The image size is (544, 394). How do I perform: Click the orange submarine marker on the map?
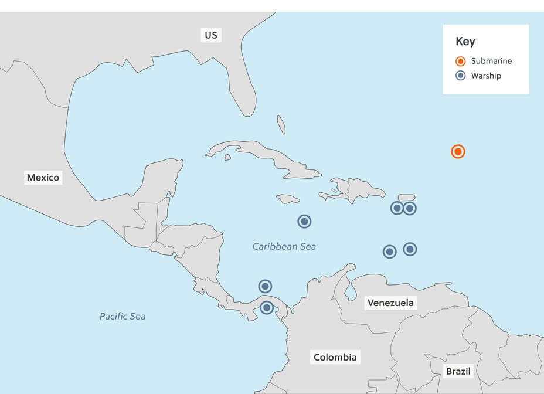point(458,151)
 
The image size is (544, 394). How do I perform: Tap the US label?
point(210,35)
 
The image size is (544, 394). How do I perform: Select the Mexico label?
point(43,177)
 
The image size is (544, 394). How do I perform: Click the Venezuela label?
point(390,303)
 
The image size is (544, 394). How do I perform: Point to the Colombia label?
point(335,357)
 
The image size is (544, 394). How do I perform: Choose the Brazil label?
point(458,371)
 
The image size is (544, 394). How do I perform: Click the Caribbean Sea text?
point(284,246)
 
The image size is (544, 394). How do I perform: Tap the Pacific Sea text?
point(123,317)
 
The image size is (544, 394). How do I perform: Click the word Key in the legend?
point(465,42)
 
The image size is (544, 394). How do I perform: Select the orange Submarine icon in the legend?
point(460,61)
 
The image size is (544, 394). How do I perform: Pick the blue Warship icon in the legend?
point(460,76)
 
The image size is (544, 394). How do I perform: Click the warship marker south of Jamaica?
point(304,221)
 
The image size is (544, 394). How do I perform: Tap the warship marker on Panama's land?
point(267,307)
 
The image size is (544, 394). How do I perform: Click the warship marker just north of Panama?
point(265,286)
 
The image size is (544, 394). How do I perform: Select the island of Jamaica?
point(288,199)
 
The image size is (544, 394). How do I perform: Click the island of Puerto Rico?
point(407,197)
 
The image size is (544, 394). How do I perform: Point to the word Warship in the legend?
point(486,76)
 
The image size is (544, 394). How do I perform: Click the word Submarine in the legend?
point(491,61)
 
